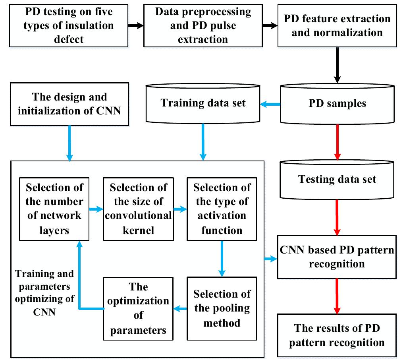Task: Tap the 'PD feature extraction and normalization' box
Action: pyautogui.click(x=337, y=25)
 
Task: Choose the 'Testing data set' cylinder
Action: pyautogui.click(x=337, y=179)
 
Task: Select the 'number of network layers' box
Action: pyautogui.click(x=54, y=209)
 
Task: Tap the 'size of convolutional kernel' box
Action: pyautogui.click(x=138, y=209)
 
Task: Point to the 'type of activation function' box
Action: pyautogui.click(x=222, y=209)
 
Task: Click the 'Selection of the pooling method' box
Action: pyautogui.click(x=222, y=308)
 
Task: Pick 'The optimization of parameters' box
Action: pyautogui.click(x=138, y=308)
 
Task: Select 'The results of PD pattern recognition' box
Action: pyautogui.click(x=337, y=335)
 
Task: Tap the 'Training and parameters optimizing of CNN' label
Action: pyautogui.click(x=44, y=292)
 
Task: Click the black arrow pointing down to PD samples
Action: pyautogui.click(x=337, y=66)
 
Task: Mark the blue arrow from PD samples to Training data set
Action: pyautogui.click(x=270, y=105)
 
